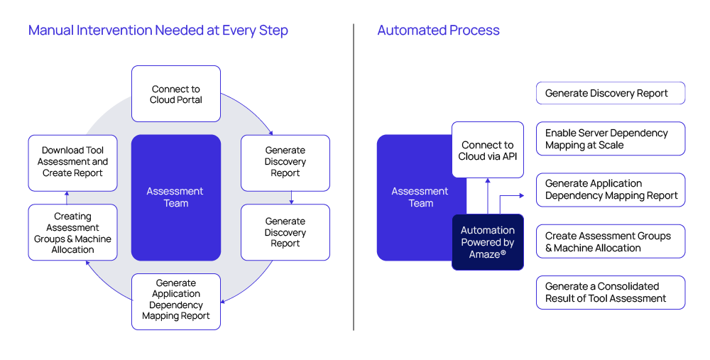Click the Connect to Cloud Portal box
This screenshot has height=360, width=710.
(175, 94)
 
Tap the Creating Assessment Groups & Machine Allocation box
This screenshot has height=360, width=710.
(72, 232)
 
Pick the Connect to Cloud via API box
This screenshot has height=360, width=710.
(488, 150)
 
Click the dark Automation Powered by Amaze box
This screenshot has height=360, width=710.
(488, 242)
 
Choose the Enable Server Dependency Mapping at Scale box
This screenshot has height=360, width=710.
(611, 138)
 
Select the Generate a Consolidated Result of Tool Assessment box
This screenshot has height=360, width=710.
(611, 293)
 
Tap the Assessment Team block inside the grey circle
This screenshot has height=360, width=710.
(175, 197)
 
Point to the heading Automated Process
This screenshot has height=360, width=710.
(438, 31)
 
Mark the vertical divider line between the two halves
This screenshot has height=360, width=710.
(354, 177)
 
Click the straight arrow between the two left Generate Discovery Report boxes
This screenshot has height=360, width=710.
(291, 197)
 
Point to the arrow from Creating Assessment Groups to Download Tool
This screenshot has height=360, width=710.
(67, 198)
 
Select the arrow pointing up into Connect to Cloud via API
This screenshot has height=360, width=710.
(488, 196)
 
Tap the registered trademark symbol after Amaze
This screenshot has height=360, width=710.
(503, 253)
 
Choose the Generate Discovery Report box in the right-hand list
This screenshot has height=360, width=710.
(611, 93)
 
